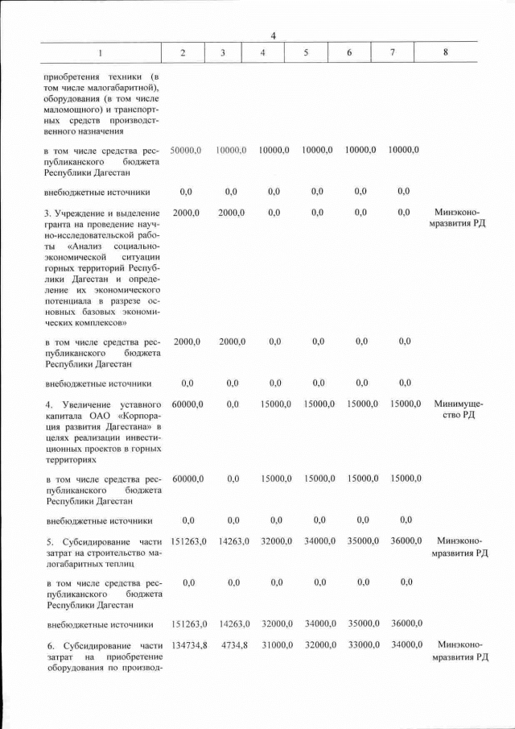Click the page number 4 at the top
pos(273,35)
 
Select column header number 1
pos(101,52)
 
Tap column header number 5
pos(307,52)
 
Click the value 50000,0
pos(186,151)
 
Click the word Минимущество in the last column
pos(457,409)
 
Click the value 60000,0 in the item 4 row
pos(187,404)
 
